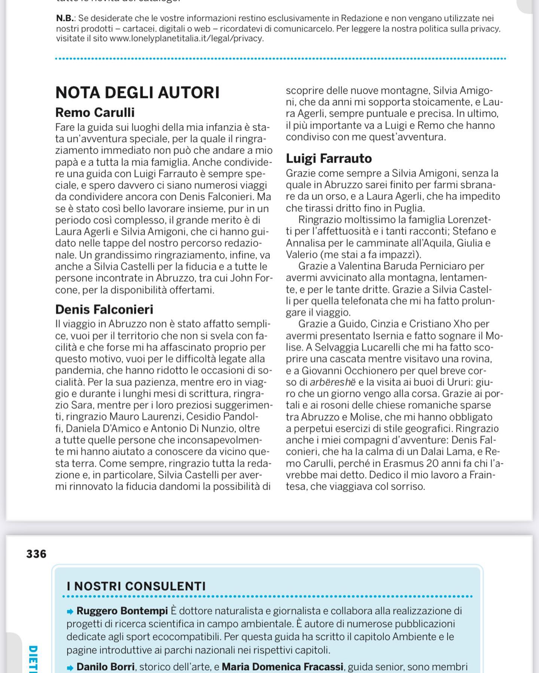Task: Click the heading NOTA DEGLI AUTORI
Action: [x=137, y=93]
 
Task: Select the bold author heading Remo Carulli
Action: [x=95, y=113]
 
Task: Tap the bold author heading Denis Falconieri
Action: [x=104, y=310]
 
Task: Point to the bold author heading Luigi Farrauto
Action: [x=329, y=159]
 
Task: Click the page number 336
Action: [x=36, y=554]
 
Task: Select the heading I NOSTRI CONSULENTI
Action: [x=136, y=586]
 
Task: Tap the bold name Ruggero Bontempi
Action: [x=122, y=611]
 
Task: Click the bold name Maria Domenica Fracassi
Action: [x=282, y=667]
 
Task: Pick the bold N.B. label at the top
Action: [x=66, y=18]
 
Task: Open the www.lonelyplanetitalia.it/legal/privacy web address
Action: [x=186, y=38]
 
